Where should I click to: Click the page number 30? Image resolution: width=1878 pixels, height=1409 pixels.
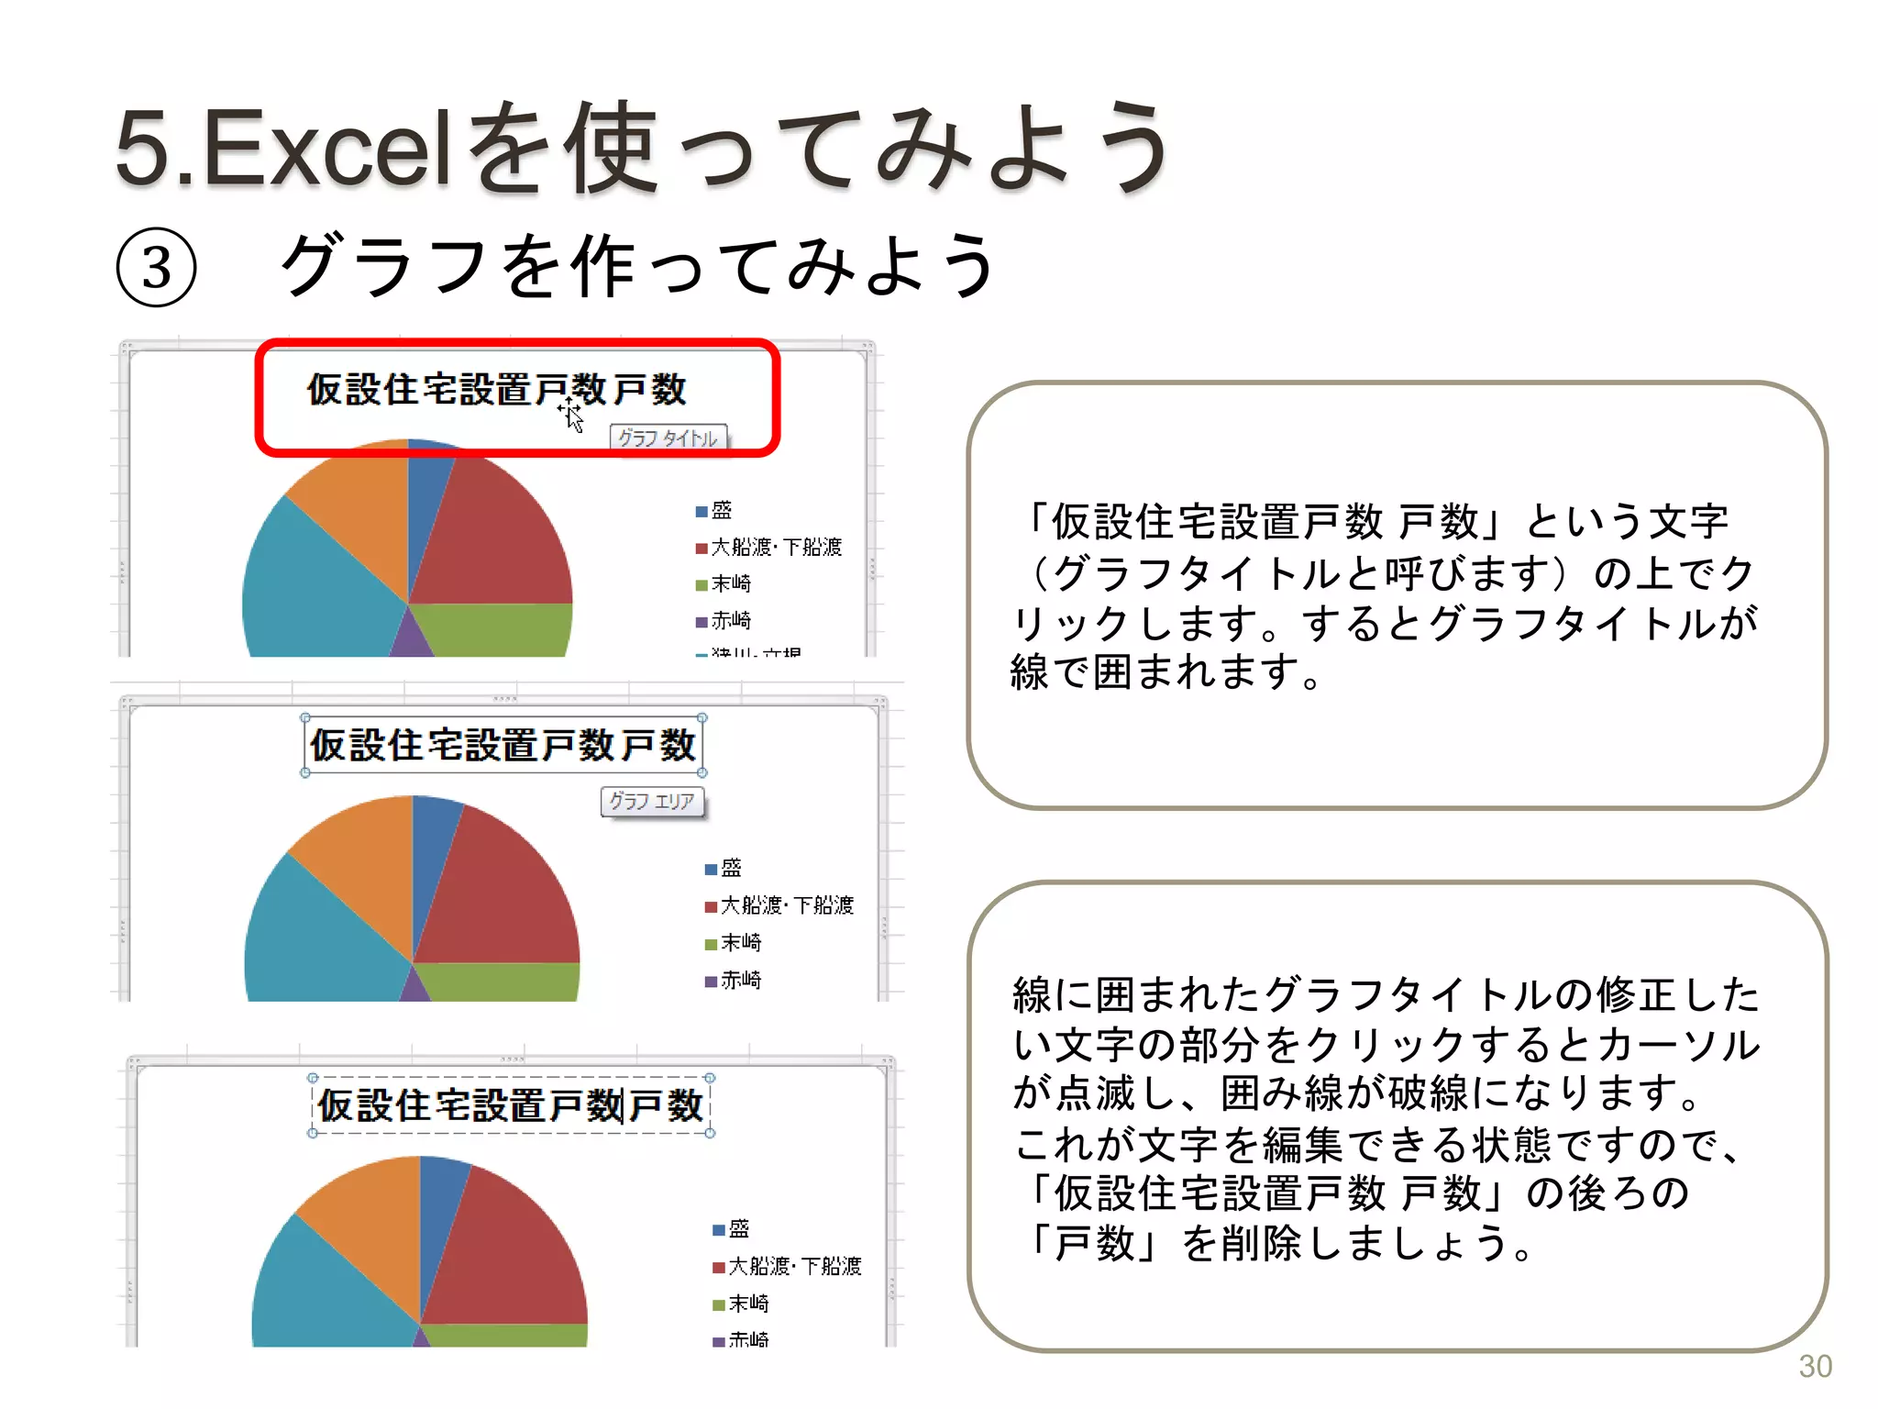click(x=1815, y=1366)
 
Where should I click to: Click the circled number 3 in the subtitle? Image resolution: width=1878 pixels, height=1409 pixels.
click(x=157, y=268)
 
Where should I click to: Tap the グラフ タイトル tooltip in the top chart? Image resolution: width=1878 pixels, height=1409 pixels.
click(x=668, y=438)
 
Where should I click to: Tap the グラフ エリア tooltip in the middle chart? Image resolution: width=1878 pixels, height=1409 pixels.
click(x=652, y=801)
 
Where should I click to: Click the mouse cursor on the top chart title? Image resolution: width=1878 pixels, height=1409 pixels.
click(x=572, y=416)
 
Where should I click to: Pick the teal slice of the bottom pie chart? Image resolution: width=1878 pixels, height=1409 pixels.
click(x=321, y=1293)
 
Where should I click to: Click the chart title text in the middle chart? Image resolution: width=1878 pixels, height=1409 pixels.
click(x=503, y=745)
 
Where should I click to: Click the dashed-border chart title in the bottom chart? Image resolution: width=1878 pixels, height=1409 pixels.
click(x=510, y=1105)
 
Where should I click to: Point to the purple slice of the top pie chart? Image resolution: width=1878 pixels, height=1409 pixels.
click(x=411, y=639)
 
